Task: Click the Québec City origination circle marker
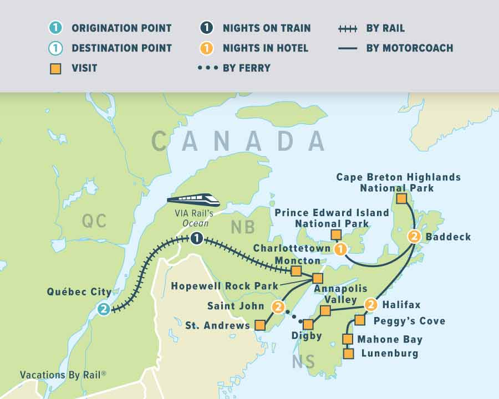coord(103,309)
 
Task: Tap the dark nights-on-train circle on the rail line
coord(196,239)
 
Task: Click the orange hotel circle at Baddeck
coord(414,237)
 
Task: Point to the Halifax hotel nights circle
coord(371,304)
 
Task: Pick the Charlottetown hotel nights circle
coord(340,249)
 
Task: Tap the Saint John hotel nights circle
coord(278,306)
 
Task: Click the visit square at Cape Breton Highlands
coord(401,198)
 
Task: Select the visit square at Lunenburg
coord(348,353)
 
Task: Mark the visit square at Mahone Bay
coord(348,339)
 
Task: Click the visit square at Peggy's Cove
coord(360,320)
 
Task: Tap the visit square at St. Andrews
coord(259,325)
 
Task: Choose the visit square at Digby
coord(308,324)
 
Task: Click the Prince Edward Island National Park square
coord(335,235)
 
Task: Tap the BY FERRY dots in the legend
coord(207,68)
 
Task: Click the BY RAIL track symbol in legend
coord(348,28)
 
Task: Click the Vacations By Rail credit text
coord(63,375)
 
